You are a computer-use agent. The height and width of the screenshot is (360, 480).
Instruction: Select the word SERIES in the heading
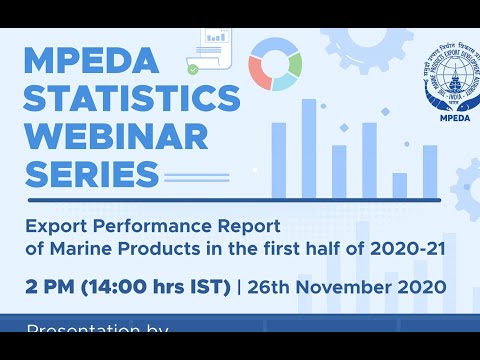click(91, 174)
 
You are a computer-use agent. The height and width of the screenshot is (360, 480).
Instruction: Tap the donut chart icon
click(275, 63)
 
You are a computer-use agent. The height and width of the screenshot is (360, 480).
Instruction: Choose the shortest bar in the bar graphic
click(400, 185)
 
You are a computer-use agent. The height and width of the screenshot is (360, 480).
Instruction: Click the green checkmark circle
click(192, 70)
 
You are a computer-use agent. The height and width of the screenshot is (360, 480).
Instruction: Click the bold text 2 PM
click(49, 287)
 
